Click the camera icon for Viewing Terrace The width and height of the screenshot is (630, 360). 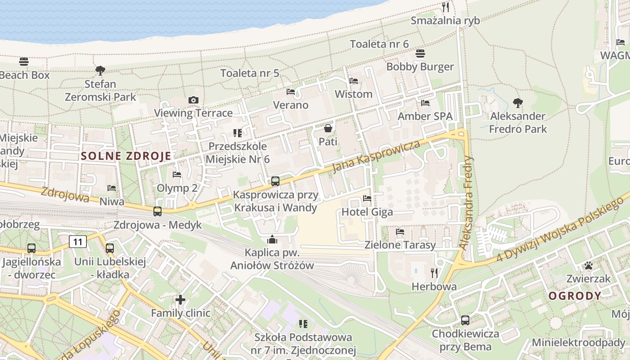(x=193, y=100)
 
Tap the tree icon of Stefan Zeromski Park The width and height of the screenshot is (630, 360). (x=100, y=70)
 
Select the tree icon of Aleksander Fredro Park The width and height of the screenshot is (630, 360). (x=518, y=103)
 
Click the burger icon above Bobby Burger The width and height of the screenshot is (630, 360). (x=420, y=54)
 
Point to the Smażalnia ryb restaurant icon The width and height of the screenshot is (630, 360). (x=445, y=7)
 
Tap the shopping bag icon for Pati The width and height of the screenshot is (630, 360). (x=328, y=128)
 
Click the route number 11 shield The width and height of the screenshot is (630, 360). (x=78, y=242)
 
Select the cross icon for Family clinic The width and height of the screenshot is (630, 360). (x=180, y=299)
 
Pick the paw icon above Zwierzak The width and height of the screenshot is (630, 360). (x=588, y=265)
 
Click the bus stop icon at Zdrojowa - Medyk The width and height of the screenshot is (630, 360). (x=157, y=211)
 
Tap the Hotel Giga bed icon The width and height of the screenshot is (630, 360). (x=367, y=198)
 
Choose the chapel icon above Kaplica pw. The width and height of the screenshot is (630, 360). (x=272, y=239)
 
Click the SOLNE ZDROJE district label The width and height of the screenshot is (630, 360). (x=126, y=156)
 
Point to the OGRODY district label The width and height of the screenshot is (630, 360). (x=575, y=296)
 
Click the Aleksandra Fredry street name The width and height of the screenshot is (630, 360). (x=467, y=202)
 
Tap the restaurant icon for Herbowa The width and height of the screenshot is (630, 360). (x=434, y=273)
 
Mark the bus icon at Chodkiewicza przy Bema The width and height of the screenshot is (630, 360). (x=465, y=320)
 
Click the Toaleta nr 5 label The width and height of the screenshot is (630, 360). (x=250, y=73)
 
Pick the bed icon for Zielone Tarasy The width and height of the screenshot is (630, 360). (x=400, y=232)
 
